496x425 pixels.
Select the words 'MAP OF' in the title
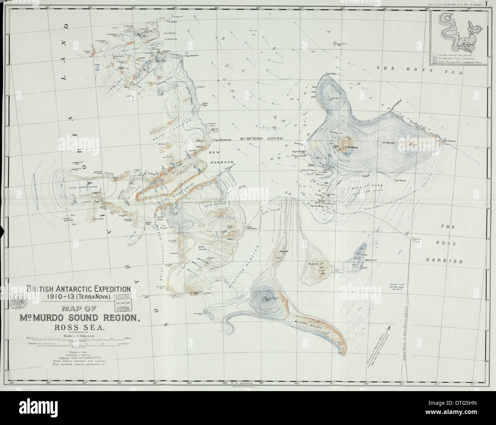[x=80, y=310]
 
